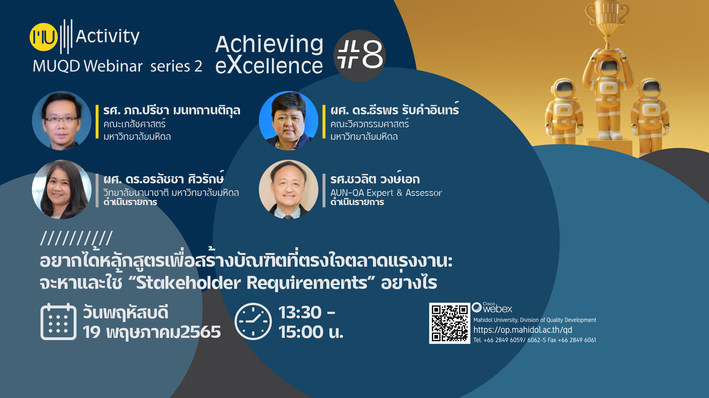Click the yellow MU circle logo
(x=44, y=37)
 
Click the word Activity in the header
(x=107, y=36)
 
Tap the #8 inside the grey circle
(x=360, y=55)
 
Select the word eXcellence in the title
(x=269, y=65)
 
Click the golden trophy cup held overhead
(x=607, y=17)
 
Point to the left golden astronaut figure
(x=564, y=110)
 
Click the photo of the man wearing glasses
(x=62, y=121)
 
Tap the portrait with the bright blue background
(x=288, y=121)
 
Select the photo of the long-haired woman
(x=62, y=189)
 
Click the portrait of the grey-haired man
(x=288, y=189)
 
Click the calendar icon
(x=58, y=321)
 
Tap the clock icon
(x=253, y=321)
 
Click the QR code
(x=449, y=323)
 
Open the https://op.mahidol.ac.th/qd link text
(x=523, y=330)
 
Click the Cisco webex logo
(x=492, y=307)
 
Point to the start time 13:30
(x=300, y=312)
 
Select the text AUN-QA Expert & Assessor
(x=386, y=193)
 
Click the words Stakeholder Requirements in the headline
(x=252, y=283)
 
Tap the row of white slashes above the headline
(x=76, y=238)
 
